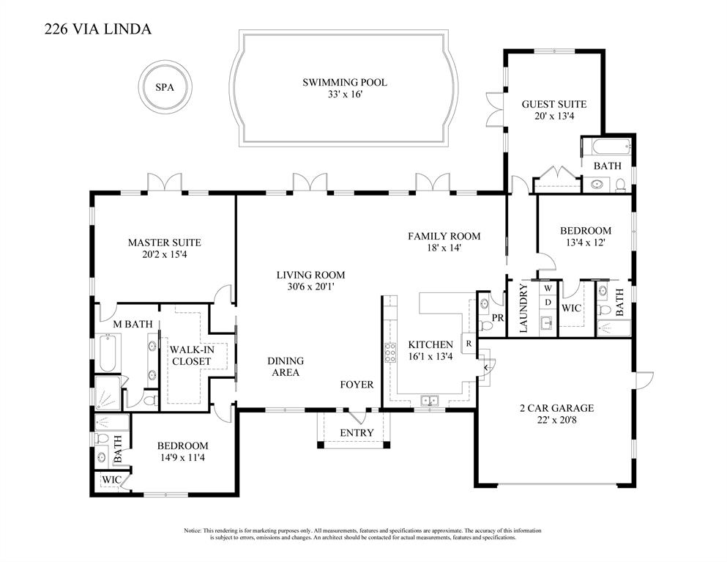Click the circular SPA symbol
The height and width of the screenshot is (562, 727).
pos(165,87)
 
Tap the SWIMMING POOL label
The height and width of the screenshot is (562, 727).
pos(344,83)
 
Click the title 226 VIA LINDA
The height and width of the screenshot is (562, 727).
pos(98,29)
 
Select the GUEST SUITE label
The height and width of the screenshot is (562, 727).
pos(553,104)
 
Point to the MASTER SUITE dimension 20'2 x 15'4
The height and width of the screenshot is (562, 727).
pos(164,255)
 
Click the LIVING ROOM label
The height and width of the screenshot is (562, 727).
pos(310,276)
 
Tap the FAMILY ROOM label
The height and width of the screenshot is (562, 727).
pos(444,236)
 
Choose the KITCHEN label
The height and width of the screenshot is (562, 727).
pos(430,344)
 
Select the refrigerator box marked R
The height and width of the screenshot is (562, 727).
pos(468,344)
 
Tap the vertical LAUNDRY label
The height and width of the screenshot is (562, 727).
pos(523,309)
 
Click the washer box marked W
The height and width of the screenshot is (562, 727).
pos(547,289)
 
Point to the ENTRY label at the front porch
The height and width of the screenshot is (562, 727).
pos(357,432)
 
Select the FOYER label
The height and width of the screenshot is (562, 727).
pos(357,385)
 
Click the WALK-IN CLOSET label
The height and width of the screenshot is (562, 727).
pos(192,355)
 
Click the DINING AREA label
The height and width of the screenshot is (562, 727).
pos(285,366)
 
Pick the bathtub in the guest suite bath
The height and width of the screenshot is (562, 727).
pos(606,146)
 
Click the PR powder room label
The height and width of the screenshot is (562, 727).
pos(497,318)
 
